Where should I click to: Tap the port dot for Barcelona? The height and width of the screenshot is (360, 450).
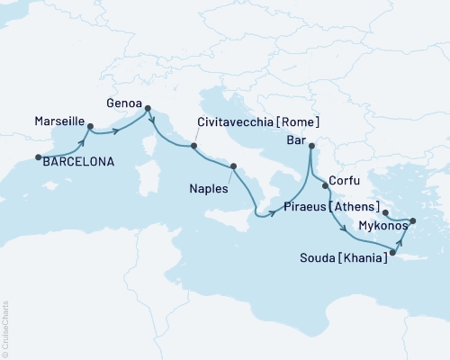point(38,157)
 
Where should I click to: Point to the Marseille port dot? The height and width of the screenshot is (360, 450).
point(90,127)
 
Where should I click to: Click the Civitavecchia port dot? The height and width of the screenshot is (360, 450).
point(191,145)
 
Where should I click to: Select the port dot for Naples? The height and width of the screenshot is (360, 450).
point(234,166)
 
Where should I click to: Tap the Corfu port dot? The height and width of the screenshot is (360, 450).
point(325,185)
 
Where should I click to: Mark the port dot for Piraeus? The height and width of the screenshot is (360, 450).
point(385,213)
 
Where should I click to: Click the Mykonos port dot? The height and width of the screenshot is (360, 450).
point(413,220)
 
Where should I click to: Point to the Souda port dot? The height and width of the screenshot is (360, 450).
point(392,240)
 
